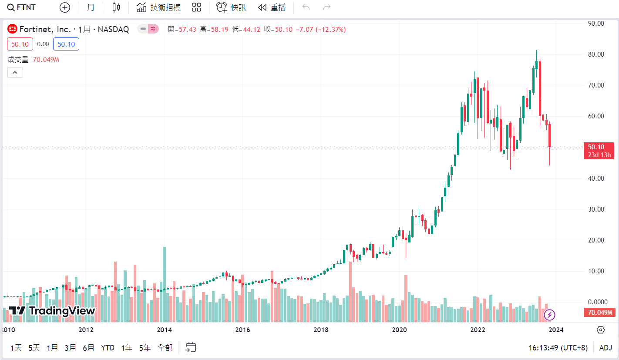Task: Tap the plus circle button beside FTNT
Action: [64, 7]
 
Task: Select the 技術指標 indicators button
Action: [158, 7]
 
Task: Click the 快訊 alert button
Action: [231, 7]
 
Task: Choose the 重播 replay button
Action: [272, 7]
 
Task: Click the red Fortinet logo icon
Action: [13, 30]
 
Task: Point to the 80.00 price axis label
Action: [595, 54]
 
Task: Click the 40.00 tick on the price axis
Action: [595, 178]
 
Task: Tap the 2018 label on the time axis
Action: [321, 330]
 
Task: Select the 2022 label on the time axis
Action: [478, 330]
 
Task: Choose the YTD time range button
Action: [108, 348]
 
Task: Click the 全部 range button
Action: [165, 348]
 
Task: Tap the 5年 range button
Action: [145, 348]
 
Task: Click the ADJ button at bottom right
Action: [606, 348]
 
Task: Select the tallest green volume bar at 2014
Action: [164, 283]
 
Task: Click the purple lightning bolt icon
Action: [550, 315]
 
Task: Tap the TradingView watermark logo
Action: [52, 311]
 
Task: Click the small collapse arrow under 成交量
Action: [15, 73]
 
